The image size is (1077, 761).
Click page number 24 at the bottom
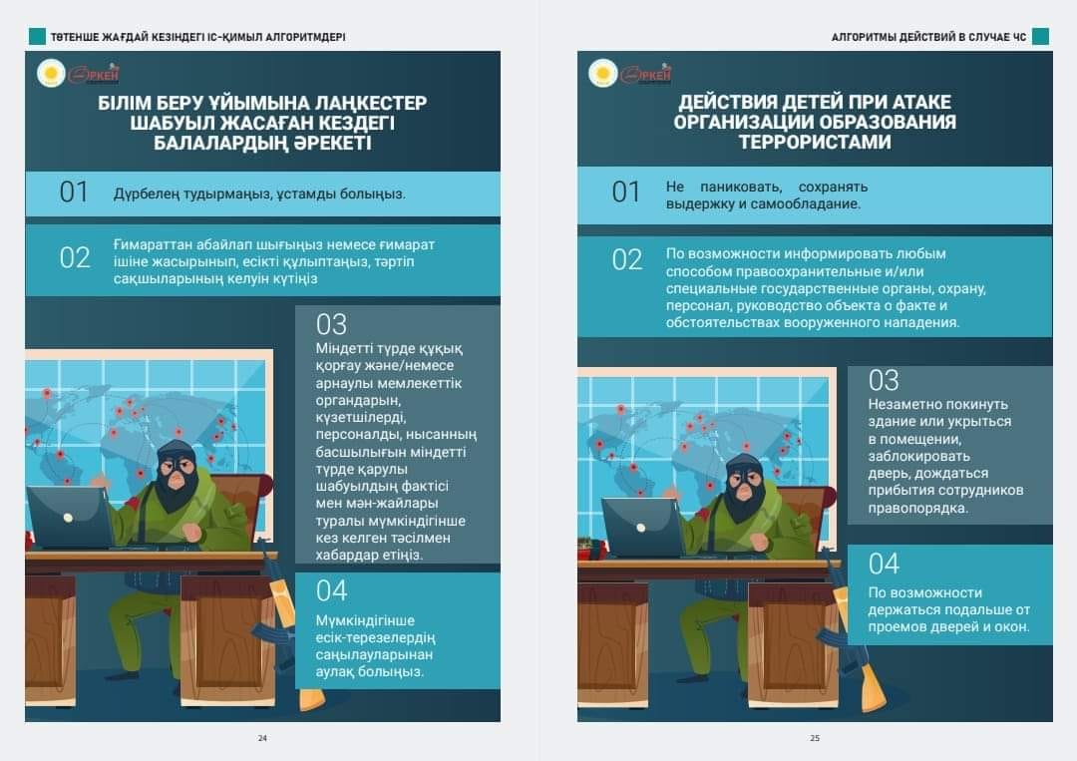(262, 738)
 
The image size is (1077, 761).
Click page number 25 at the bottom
(815, 738)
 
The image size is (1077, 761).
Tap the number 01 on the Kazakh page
(74, 192)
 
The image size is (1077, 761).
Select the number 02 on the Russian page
(626, 260)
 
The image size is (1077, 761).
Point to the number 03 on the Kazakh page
(331, 325)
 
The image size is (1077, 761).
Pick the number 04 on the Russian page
(884, 564)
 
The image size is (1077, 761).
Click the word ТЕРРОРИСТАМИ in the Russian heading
(815, 143)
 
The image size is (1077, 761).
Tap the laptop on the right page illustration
(642, 527)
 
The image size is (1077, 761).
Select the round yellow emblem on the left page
(51, 73)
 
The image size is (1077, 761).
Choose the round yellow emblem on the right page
(603, 73)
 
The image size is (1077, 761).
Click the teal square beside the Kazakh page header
(37, 36)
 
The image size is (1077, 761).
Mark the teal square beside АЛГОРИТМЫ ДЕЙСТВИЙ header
(1040, 36)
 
